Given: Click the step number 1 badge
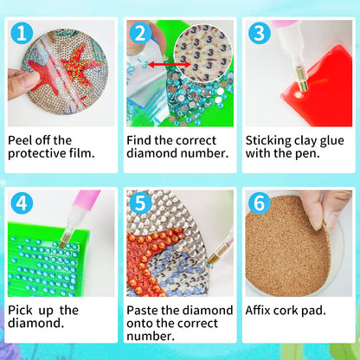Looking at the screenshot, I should [x=22, y=35].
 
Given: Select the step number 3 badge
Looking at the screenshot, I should [x=259, y=35].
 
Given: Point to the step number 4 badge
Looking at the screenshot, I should [x=22, y=205].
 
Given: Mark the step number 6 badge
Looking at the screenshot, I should [x=259, y=205].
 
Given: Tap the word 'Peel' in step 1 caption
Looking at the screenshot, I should [x=22, y=139].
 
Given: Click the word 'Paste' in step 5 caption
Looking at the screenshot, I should [x=145, y=310].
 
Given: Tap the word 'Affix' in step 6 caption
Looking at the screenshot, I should [x=263, y=310].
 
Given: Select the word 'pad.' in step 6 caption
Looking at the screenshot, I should [x=330, y=310].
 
